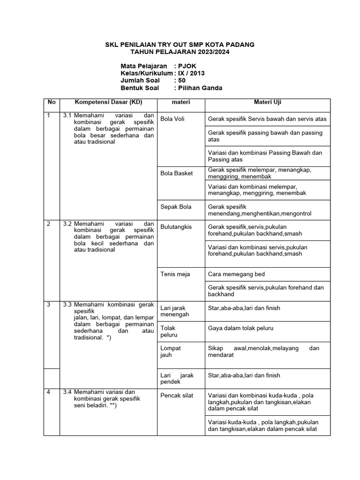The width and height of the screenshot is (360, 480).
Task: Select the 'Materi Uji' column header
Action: click(267, 102)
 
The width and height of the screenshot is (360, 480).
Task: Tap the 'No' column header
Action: click(52, 102)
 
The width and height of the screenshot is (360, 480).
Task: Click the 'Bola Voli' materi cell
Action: click(172, 119)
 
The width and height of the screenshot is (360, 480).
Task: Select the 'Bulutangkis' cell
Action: click(176, 227)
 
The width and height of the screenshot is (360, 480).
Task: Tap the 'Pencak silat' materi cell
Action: click(177, 396)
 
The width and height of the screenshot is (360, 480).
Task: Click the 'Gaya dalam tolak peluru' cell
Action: click(240, 328)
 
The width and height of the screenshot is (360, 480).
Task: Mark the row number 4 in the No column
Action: click(48, 392)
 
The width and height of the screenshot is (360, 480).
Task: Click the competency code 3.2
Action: click(67, 224)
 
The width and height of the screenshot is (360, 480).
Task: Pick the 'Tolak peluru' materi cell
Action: click(169, 331)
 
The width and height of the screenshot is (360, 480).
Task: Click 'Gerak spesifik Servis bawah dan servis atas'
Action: click(267, 119)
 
